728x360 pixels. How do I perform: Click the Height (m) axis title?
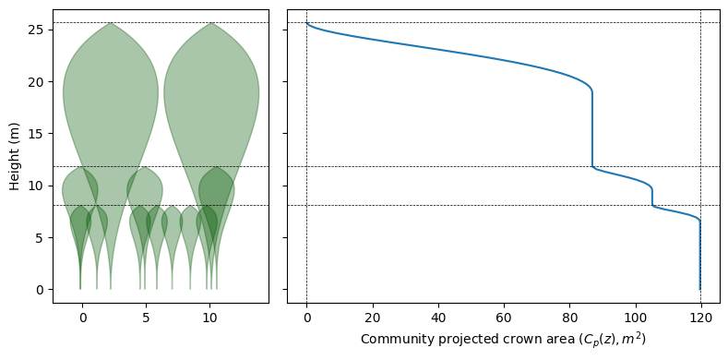pyautogui.click(x=15, y=156)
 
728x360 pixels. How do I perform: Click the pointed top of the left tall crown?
pyautogui.click(x=111, y=23)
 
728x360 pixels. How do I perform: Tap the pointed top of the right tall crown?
pyautogui.click(x=211, y=23)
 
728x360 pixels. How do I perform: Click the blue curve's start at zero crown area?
pyautogui.click(x=306, y=23)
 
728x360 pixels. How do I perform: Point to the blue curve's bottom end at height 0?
pyautogui.click(x=699, y=290)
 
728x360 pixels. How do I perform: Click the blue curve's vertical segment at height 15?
pyautogui.click(x=592, y=134)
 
